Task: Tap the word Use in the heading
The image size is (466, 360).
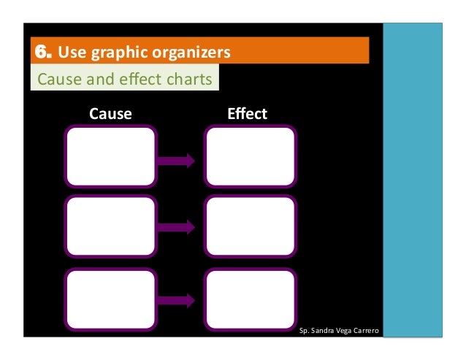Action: pyautogui.click(x=70, y=53)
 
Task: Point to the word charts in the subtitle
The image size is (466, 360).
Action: pyautogui.click(x=189, y=79)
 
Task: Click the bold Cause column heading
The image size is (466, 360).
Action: pyautogui.click(x=110, y=114)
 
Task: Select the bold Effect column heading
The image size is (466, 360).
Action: pyautogui.click(x=247, y=114)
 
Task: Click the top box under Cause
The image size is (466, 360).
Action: pyautogui.click(x=110, y=157)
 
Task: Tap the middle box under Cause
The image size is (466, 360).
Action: pyautogui.click(x=110, y=227)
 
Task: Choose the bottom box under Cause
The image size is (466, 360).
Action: pyautogui.click(x=110, y=299)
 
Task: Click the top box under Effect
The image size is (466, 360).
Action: pyautogui.click(x=251, y=157)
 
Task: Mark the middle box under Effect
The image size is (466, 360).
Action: pyautogui.click(x=251, y=227)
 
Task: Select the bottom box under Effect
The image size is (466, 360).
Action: pyautogui.click(x=251, y=299)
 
